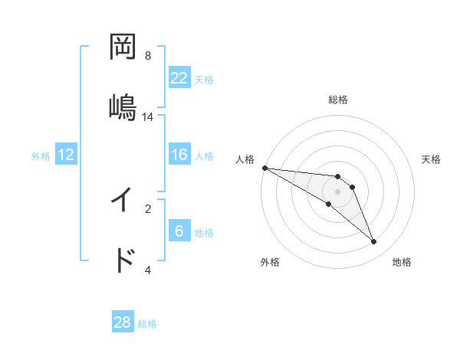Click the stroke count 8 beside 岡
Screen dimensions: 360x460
(148, 55)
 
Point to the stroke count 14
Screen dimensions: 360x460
(148, 116)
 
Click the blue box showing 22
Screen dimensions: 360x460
(179, 77)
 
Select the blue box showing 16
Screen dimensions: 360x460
(179, 155)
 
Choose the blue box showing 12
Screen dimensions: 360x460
(66, 155)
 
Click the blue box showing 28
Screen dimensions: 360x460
(123, 322)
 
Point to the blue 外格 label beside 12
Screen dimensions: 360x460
(41, 156)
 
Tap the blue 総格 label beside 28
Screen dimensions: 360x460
(147, 324)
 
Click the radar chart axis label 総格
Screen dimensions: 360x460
(338, 100)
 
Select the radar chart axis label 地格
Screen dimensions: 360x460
(402, 262)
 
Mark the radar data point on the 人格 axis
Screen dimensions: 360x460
(264, 168)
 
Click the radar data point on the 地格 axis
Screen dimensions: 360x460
(374, 242)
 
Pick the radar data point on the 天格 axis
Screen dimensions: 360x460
(353, 187)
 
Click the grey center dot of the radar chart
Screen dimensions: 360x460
(338, 191)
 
